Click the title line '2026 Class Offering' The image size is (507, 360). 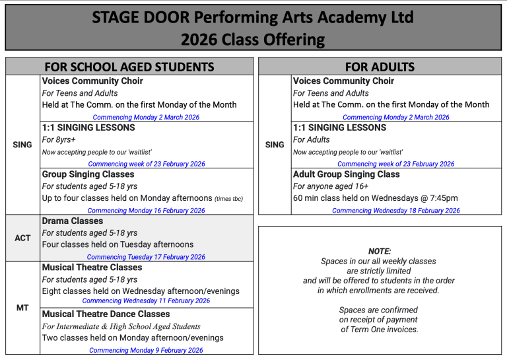tap(253, 40)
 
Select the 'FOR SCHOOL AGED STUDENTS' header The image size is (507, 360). tap(129, 67)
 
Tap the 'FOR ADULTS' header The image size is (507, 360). tap(380, 67)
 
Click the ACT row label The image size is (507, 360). tap(22, 238)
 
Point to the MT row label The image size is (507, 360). tap(22, 308)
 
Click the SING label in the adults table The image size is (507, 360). tap(275, 145)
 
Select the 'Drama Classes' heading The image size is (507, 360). tap(73, 221)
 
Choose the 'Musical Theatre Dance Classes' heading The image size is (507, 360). tap(106, 314)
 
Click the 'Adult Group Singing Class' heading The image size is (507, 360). tap(347, 174)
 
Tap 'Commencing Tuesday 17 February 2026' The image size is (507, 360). tap(146, 257)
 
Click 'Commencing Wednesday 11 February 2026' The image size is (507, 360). tap(146, 301)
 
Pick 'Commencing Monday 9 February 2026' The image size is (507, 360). tap(146, 351)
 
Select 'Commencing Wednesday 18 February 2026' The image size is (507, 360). tap(396, 211)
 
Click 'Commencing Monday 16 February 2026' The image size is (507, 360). tap(146, 211)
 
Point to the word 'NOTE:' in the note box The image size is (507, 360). tap(379, 251)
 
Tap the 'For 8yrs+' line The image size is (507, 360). tap(59, 140)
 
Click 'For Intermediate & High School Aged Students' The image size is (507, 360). tap(121, 326)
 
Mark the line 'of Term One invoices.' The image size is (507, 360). tap(379, 330)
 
